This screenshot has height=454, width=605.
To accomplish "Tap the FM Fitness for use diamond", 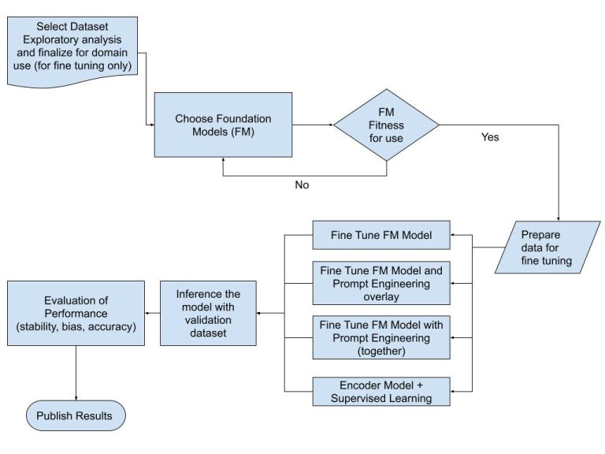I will click(386, 125).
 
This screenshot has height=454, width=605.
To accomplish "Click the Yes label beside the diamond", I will click(489, 136).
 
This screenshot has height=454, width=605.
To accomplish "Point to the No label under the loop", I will click(302, 184).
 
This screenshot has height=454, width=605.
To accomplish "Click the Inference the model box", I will click(208, 314).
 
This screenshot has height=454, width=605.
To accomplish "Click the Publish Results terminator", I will click(75, 415).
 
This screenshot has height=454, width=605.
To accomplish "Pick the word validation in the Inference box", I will click(208, 322).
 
